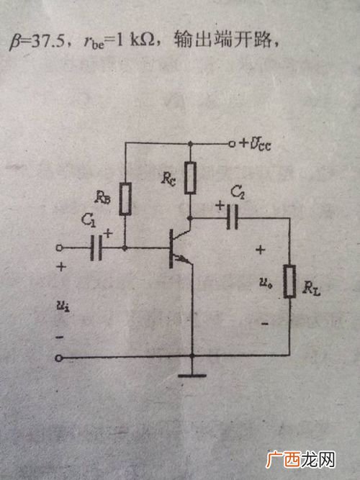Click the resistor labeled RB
(x=125, y=199)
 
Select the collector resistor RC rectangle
(x=190, y=178)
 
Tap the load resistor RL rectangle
(x=289, y=281)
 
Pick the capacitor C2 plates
(x=233, y=217)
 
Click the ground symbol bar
(x=192, y=376)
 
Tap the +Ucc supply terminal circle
(x=232, y=144)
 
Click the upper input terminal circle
(x=60, y=248)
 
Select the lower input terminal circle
(x=59, y=358)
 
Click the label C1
(x=89, y=221)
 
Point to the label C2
(x=238, y=193)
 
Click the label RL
(x=311, y=289)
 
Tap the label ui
(x=63, y=306)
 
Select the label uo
(x=266, y=283)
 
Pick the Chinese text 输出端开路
(x=222, y=40)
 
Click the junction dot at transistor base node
(x=125, y=248)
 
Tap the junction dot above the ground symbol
(x=192, y=356)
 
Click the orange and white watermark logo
(x=300, y=459)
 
